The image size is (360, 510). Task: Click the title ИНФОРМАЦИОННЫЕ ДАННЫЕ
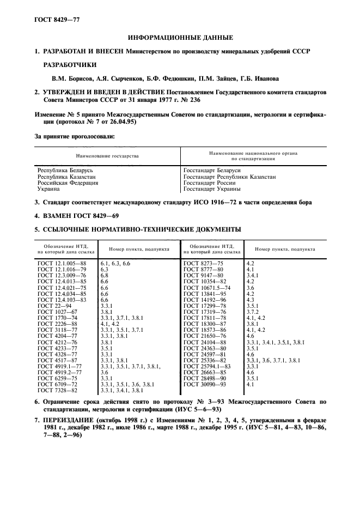[x=180, y=38]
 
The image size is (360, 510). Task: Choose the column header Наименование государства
[x=107, y=156]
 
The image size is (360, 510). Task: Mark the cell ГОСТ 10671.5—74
[x=207, y=288]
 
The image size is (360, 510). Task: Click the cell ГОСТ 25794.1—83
[x=207, y=367]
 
